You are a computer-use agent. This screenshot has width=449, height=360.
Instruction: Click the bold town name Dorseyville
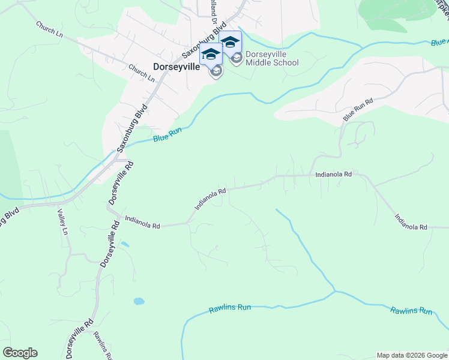click(x=176, y=67)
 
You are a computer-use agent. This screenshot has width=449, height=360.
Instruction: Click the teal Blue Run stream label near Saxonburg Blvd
click(x=167, y=137)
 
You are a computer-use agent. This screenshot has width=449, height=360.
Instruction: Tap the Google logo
click(x=20, y=353)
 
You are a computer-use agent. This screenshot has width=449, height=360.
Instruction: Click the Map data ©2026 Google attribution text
click(x=412, y=355)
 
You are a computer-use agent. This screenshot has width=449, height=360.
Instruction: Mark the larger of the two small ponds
click(x=139, y=301)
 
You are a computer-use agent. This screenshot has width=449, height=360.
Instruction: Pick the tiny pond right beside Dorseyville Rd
click(x=124, y=244)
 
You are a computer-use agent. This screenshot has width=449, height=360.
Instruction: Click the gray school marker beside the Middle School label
click(x=237, y=58)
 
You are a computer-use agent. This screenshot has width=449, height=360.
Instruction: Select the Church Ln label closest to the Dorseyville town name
click(x=142, y=73)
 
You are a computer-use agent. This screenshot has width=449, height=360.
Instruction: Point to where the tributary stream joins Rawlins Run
click(x=334, y=292)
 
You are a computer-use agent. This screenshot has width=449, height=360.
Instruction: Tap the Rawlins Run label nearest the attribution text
click(x=411, y=310)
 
